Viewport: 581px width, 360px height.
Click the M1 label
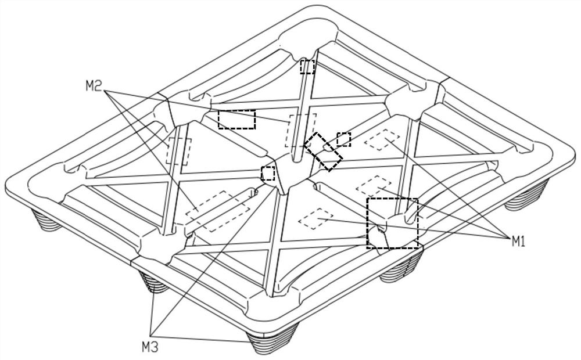pyautogui.click(x=518, y=242)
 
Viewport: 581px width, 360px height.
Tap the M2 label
pyautogui.click(x=94, y=87)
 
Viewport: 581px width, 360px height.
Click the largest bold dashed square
pyautogui.click(x=392, y=223)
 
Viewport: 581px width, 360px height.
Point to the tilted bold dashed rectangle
pyautogui.click(x=324, y=152)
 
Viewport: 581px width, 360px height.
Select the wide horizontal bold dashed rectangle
pyautogui.click(x=236, y=119)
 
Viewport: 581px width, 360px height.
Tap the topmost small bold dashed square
pyautogui.click(x=307, y=67)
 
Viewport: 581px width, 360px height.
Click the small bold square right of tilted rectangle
pyautogui.click(x=344, y=139)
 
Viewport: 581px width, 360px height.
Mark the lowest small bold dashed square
pyautogui.click(x=268, y=173)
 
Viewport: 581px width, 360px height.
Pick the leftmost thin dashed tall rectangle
pyautogui.click(x=177, y=151)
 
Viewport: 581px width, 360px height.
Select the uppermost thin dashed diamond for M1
pyautogui.click(x=381, y=141)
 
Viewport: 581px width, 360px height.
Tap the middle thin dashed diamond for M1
pyautogui.click(x=373, y=186)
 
